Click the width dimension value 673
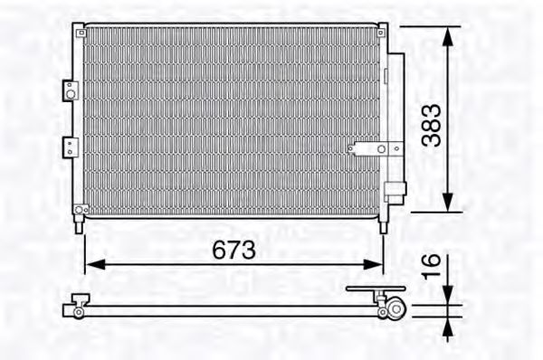tap(234, 250)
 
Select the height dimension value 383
tap(432, 126)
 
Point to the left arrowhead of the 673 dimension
tap(95, 264)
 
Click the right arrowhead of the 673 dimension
tap(373, 264)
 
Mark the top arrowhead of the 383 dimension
tap(448, 36)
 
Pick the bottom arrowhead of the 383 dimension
tap(448, 202)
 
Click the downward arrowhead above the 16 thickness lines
tap(448, 295)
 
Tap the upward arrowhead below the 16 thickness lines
tap(448, 327)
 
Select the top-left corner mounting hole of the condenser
tap(81, 33)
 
